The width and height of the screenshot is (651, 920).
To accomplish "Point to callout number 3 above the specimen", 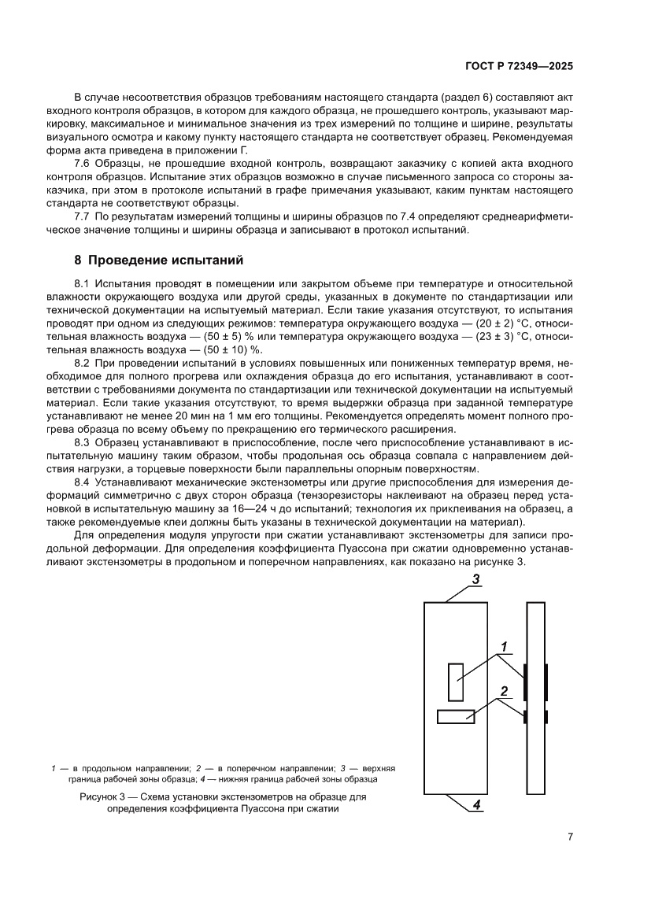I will pos(475,579).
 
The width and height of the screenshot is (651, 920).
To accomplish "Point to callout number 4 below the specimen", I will pos(475,804).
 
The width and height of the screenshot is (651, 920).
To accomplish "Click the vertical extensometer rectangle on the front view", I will pos(455,682).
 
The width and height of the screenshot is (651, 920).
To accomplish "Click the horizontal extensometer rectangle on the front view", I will pos(456,716).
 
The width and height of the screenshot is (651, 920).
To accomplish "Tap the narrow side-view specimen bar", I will pos(536,699).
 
